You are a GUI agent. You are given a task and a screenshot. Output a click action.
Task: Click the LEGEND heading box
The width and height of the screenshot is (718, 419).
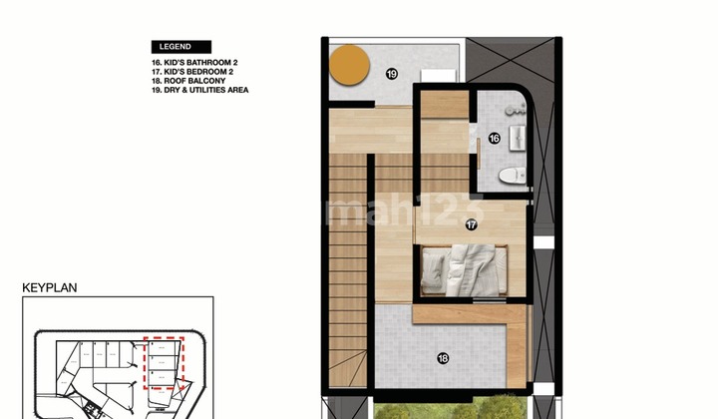[x=180, y=46]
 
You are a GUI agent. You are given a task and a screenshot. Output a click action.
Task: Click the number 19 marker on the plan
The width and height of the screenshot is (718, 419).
[x=392, y=73]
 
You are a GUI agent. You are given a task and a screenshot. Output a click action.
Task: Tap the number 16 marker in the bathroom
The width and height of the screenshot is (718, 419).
[x=493, y=139]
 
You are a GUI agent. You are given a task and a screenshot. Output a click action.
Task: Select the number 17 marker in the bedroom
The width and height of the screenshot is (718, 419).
[x=470, y=225]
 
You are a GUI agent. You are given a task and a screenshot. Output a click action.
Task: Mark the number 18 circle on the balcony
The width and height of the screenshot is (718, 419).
[x=442, y=358]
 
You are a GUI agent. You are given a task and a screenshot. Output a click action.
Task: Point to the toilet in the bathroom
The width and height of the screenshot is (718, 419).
[x=511, y=177]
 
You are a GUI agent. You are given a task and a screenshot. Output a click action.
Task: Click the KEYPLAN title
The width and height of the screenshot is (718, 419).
[x=50, y=287]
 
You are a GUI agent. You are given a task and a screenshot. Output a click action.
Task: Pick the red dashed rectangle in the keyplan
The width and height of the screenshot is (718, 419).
[x=165, y=362]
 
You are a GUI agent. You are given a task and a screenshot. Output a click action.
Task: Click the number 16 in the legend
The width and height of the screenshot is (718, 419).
[x=155, y=63]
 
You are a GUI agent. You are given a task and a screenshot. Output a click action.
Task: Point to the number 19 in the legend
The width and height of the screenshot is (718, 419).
[x=155, y=90]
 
